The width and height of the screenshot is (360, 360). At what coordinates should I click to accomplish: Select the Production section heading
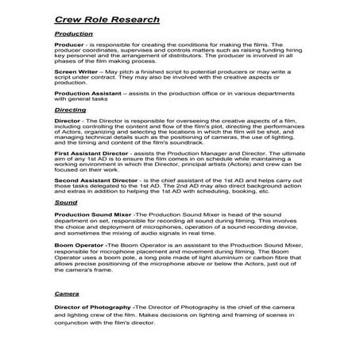[x=74, y=34]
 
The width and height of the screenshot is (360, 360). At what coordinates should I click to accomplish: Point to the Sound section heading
[x=65, y=203]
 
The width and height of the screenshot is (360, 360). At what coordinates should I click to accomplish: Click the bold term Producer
[x=69, y=46]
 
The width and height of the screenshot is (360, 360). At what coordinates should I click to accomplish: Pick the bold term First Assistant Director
[x=92, y=150]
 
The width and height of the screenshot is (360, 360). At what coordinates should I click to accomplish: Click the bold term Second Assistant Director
[x=95, y=180]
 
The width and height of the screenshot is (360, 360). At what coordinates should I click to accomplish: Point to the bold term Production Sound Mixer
[x=92, y=215]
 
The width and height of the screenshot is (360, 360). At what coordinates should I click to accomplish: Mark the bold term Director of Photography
[x=93, y=306]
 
